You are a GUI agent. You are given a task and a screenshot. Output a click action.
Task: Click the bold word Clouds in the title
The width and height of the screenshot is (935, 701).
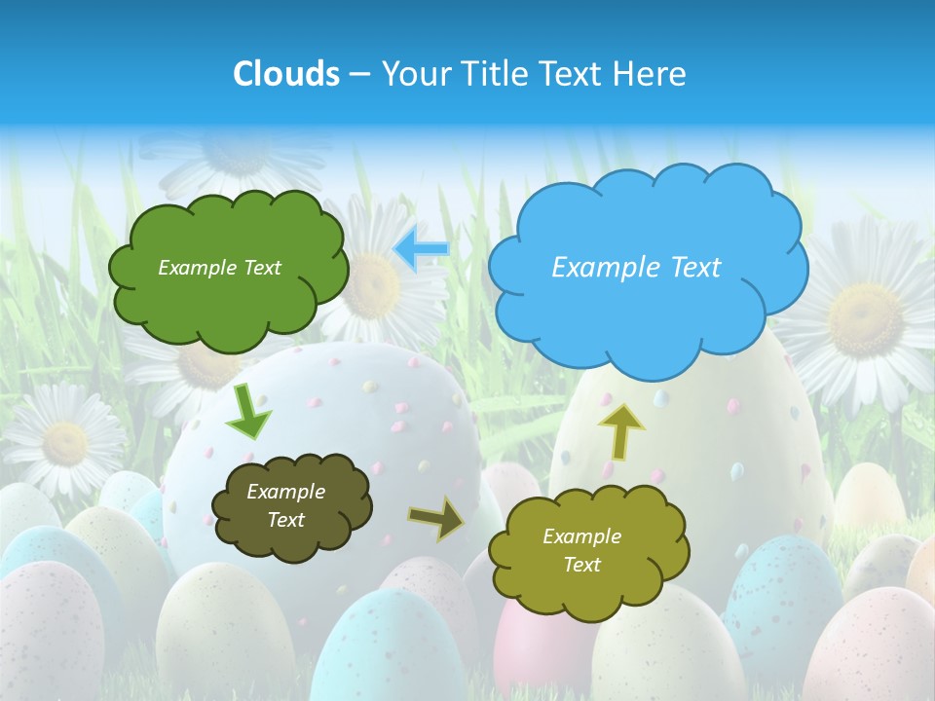click(286, 74)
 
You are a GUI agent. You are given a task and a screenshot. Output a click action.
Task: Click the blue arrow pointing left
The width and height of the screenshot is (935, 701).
click(421, 249)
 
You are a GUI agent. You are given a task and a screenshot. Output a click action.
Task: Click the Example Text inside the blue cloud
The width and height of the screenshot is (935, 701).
click(636, 268)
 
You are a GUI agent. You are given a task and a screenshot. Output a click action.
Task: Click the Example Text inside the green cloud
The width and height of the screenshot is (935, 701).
click(219, 268)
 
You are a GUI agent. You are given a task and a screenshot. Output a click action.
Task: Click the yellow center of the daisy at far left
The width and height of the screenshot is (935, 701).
click(65, 443)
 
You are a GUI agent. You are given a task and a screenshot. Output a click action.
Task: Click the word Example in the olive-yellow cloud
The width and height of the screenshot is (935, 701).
click(581, 536)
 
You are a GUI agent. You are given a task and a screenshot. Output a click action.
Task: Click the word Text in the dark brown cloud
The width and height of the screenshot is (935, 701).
click(285, 520)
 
